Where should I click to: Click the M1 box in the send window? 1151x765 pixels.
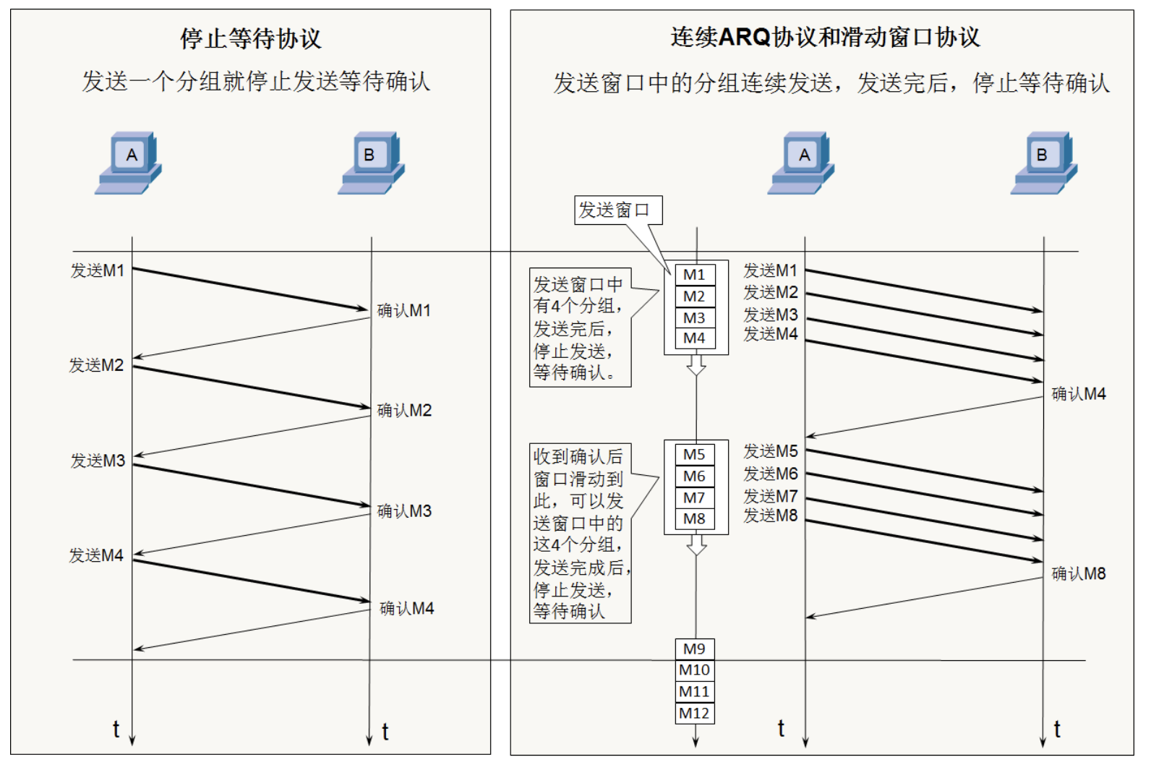(694, 275)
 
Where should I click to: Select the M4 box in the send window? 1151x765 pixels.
(694, 338)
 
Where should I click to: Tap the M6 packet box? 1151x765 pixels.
(694, 476)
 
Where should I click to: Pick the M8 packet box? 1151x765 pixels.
(694, 518)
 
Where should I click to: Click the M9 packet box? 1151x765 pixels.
(694, 649)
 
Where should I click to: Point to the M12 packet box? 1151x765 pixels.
(694, 713)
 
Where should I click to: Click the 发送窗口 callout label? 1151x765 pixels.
(614, 210)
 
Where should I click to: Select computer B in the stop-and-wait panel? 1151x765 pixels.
(372, 163)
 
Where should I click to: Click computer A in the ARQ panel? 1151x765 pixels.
(802, 163)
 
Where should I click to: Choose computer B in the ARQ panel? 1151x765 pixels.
(1044, 163)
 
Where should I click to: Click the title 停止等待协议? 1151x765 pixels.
(250, 38)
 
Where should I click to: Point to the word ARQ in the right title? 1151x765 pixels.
(745, 37)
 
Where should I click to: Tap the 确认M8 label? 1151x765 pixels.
(1078, 573)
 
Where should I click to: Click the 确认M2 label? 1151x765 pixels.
(404, 410)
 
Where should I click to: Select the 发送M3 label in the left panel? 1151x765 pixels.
(98, 461)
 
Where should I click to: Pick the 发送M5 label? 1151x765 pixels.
(771, 451)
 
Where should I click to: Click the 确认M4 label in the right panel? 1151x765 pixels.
(1078, 394)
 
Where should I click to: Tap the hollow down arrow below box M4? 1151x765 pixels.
(696, 365)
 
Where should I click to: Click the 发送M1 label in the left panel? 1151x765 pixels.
(98, 270)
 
